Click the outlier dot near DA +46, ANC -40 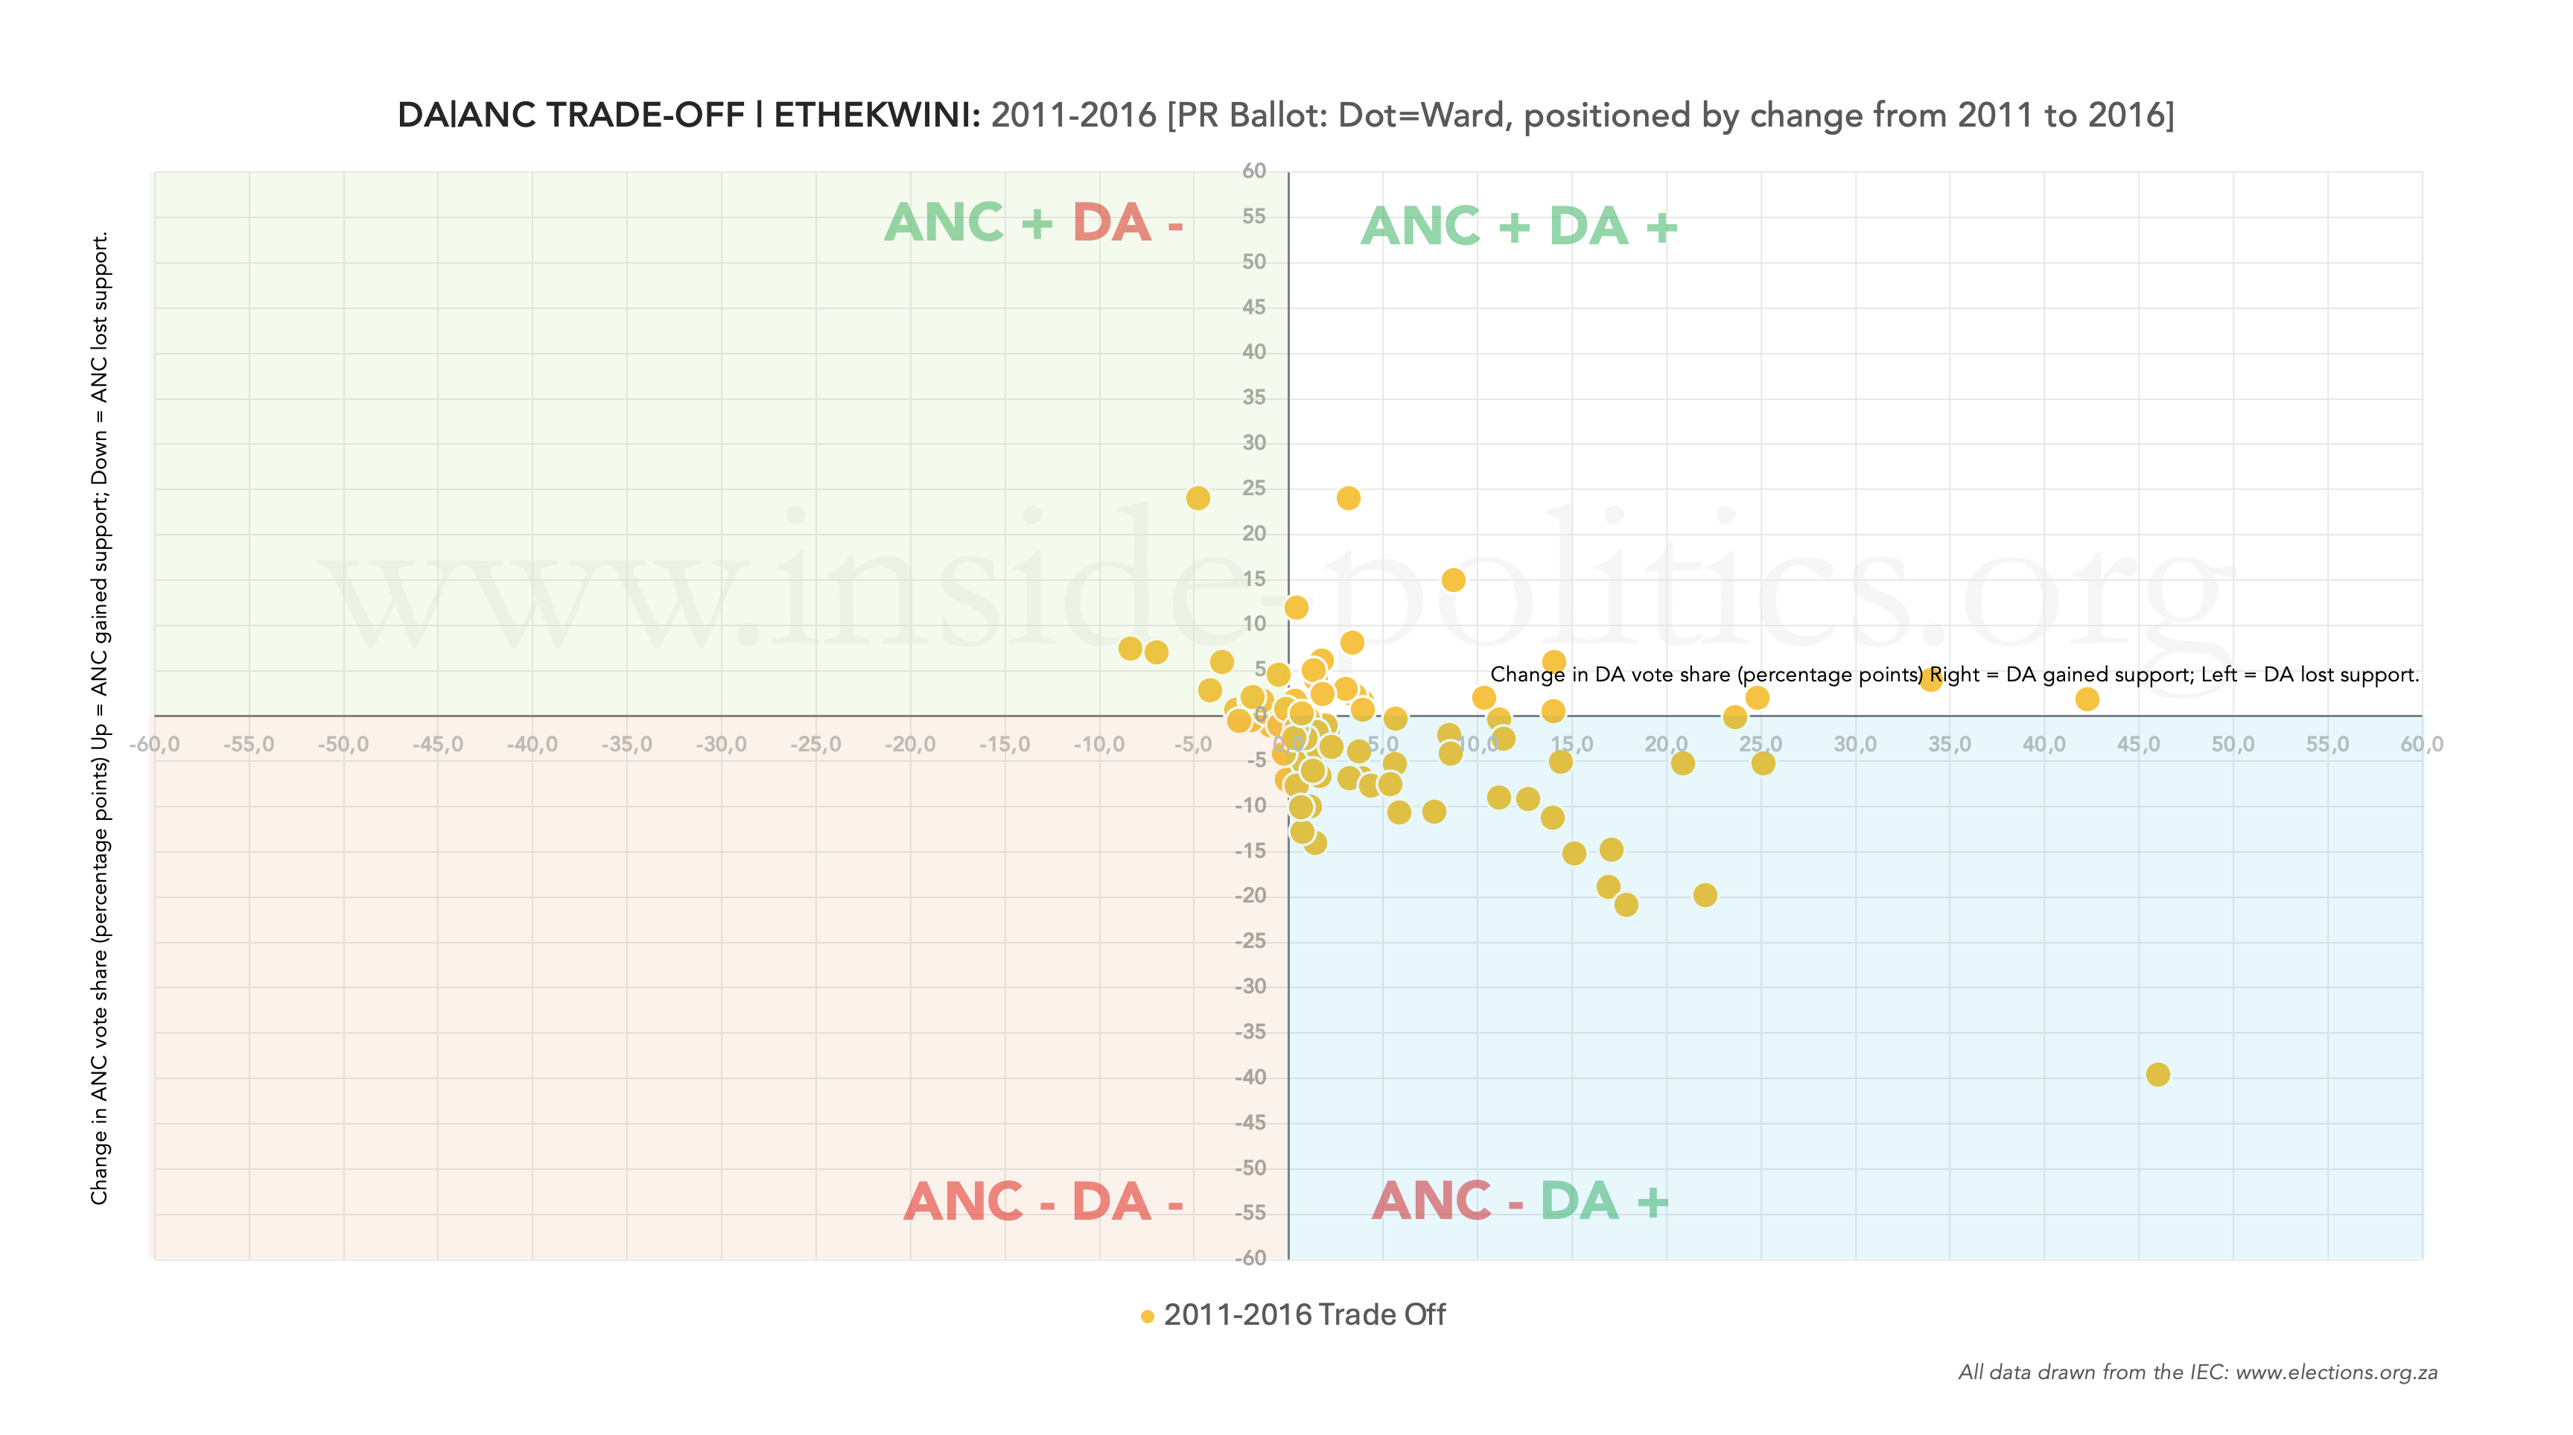(x=2157, y=1075)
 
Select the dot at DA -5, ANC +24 (x=1198, y=498)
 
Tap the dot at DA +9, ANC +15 (x=1452, y=580)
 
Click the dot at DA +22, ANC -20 (x=1704, y=895)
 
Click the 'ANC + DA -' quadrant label (x=1033, y=223)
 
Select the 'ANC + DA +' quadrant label (x=1518, y=226)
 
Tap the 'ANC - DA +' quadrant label (x=1519, y=1201)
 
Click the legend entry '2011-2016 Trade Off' (x=1303, y=1315)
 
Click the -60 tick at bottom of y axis (x=1250, y=1259)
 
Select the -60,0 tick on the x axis (x=154, y=745)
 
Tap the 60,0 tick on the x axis (x=2421, y=745)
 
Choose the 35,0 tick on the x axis (x=1949, y=745)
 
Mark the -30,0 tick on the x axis (x=720, y=745)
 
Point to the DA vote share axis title (x=1953, y=675)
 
